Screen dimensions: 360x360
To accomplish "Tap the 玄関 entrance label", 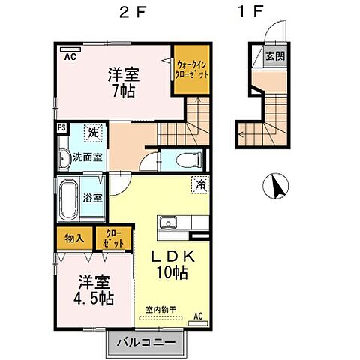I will click(x=274, y=55).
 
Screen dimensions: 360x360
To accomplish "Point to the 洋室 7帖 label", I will click(x=124, y=82).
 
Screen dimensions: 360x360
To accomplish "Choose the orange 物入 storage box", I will click(x=74, y=238).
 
